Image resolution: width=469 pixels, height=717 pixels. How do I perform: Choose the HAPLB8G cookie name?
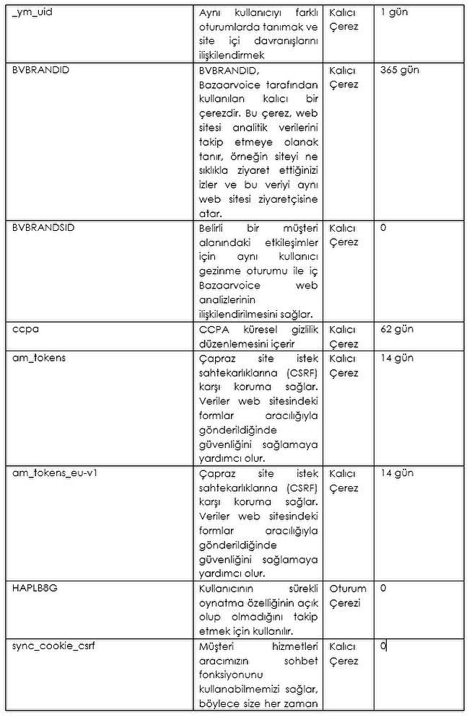tap(35, 588)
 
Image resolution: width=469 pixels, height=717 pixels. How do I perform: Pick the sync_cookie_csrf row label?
tap(53, 646)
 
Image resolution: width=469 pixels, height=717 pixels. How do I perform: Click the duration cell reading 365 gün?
tap(399, 70)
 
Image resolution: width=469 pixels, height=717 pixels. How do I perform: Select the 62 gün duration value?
tap(397, 329)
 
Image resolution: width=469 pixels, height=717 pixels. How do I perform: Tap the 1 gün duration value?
tap(394, 12)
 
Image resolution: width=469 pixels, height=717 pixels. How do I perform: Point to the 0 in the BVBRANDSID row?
tap(383, 228)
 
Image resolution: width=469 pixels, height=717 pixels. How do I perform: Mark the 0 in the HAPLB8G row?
tap(383, 588)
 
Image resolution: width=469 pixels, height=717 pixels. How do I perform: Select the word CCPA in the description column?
tap(213, 329)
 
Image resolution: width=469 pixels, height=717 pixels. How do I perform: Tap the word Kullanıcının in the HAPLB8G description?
tap(229, 588)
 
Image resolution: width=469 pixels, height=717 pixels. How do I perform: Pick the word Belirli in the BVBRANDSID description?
tap(214, 228)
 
